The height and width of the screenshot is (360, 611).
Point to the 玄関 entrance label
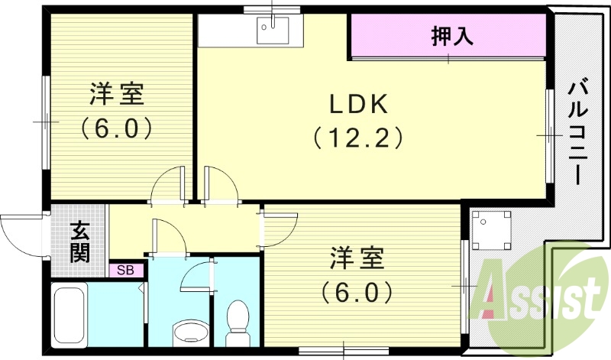(79, 242)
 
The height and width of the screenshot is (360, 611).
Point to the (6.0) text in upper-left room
(116, 127)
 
